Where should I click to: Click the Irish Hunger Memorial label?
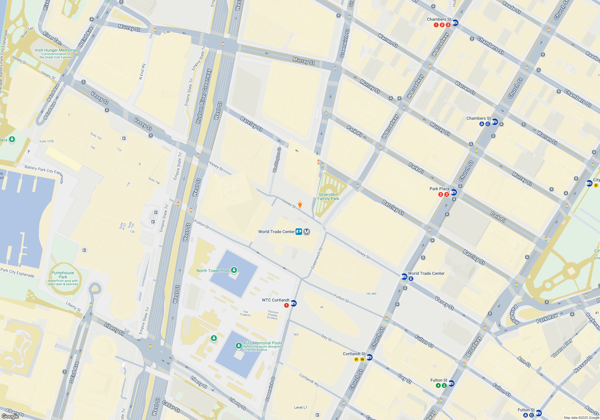click(56, 50)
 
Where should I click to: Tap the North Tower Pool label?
click(213, 271)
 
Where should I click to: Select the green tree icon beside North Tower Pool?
click(234, 270)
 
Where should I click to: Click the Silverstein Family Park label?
click(328, 196)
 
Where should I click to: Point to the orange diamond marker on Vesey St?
click(300, 204)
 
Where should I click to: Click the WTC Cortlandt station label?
click(275, 300)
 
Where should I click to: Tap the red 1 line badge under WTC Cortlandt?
click(286, 305)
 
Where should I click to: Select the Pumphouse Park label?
click(63, 275)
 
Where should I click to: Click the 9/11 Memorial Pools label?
click(263, 343)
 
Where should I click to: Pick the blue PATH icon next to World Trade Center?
click(299, 232)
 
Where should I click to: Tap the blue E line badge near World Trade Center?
click(411, 279)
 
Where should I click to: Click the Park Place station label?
click(439, 189)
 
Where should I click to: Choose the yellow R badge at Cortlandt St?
click(356, 359)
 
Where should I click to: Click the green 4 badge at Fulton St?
click(438, 385)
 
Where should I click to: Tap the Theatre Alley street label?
click(562, 348)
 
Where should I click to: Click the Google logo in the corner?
click(10, 416)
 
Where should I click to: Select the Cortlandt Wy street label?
click(309, 380)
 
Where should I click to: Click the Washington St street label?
click(277, 160)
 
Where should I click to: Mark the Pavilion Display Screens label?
click(273, 315)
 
